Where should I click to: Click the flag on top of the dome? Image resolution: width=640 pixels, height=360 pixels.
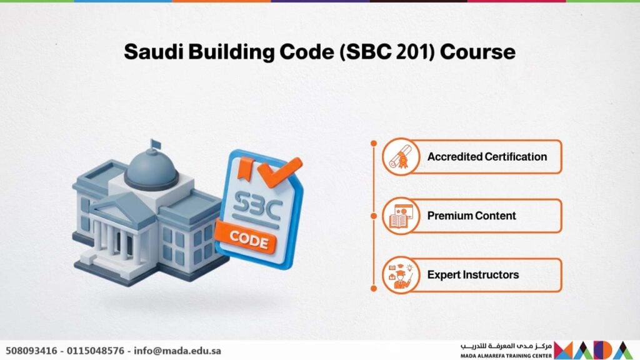pos(155,144)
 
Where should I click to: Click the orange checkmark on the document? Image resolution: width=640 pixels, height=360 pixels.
pos(280,171)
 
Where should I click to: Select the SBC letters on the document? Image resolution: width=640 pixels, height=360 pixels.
pos(256,206)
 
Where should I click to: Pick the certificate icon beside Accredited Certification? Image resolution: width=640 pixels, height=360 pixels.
pos(401,157)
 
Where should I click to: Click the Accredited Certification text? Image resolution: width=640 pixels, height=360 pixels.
pos(487,157)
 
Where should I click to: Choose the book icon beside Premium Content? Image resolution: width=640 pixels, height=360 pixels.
pos(401,216)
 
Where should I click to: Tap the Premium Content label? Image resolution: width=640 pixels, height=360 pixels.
pos(471,216)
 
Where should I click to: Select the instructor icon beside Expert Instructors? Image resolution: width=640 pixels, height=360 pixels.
pos(401,275)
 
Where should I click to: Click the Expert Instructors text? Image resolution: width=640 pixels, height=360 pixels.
pos(473,275)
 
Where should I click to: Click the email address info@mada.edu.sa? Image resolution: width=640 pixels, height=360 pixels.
pos(177,351)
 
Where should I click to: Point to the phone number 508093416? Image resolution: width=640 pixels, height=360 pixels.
pos(31,351)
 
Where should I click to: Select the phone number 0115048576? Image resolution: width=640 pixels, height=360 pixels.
pos(96,351)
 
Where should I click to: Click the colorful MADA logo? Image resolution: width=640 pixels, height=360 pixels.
pos(594,350)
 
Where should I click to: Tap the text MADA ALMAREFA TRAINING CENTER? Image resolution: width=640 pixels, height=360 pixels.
pos(506,356)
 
